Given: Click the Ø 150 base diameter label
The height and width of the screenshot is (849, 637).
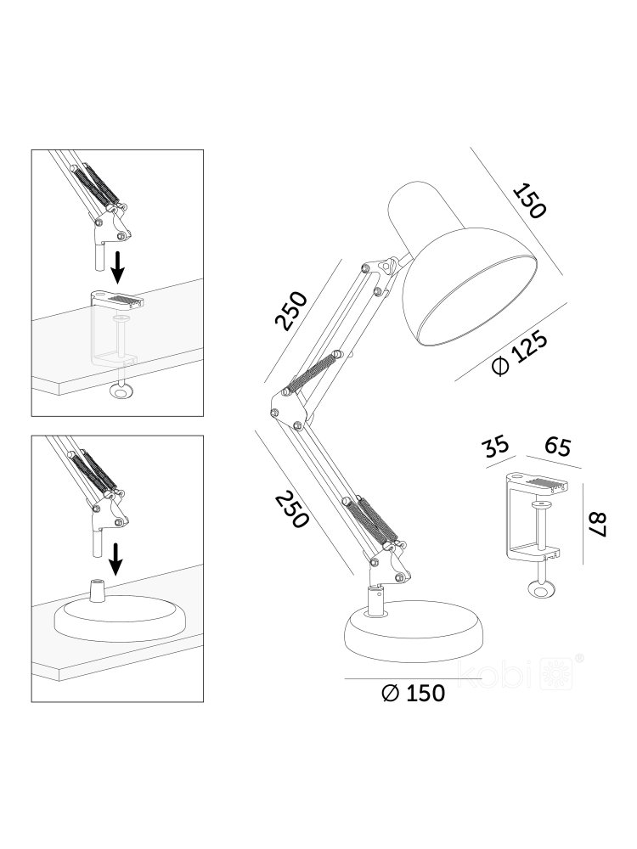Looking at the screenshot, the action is click(x=413, y=693).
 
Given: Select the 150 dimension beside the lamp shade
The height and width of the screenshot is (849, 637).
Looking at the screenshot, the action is click(x=528, y=201).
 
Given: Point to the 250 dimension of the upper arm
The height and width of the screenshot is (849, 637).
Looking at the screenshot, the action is click(x=290, y=311).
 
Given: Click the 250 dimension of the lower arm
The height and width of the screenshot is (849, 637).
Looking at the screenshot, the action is click(x=291, y=509).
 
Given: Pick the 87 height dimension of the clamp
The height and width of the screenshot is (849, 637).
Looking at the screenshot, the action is click(x=596, y=524).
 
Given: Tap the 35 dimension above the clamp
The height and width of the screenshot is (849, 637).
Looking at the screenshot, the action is click(x=496, y=445).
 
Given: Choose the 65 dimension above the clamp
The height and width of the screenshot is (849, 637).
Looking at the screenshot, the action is click(x=557, y=447).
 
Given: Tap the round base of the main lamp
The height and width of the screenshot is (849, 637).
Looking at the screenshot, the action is click(x=414, y=631).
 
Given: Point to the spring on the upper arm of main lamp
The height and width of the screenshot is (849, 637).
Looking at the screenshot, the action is click(x=313, y=373).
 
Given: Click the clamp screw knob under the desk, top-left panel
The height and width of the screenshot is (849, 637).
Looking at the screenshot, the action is click(x=121, y=391).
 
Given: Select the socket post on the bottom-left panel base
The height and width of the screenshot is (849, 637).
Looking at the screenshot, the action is click(x=97, y=590).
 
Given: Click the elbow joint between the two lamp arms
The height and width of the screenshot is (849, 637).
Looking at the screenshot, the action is click(x=285, y=408).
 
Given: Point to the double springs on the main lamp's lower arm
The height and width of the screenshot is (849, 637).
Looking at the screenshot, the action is click(x=371, y=520).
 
